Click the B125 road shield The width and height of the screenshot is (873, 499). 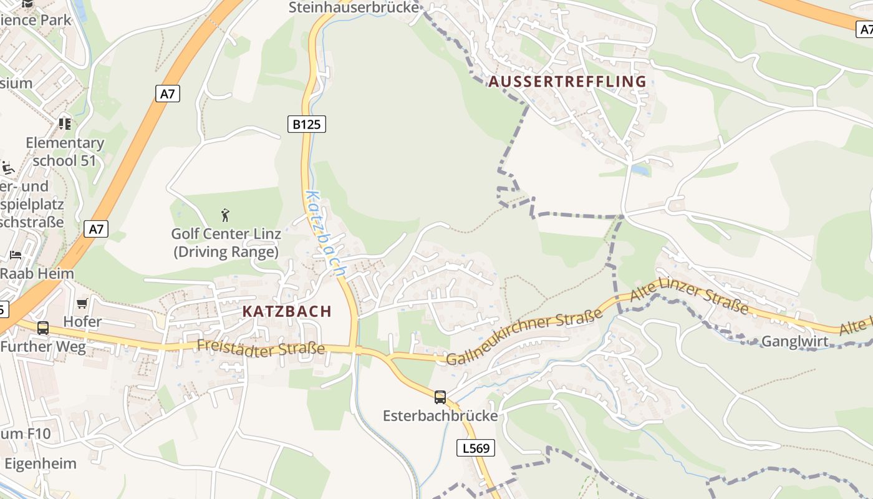pyautogui.click(x=307, y=124)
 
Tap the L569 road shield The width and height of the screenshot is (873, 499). pyautogui.click(x=476, y=447)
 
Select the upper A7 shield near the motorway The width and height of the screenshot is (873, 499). pyautogui.click(x=167, y=94)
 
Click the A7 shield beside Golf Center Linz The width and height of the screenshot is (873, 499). pyautogui.click(x=96, y=229)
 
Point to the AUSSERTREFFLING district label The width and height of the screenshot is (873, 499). pyautogui.click(x=567, y=82)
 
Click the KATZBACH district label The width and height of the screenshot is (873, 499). pyautogui.click(x=287, y=311)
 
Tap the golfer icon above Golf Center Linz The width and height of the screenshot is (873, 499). pyautogui.click(x=226, y=216)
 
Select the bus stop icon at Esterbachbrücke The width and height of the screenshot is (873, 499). pyautogui.click(x=440, y=397)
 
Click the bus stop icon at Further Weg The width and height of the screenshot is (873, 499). pyautogui.click(x=43, y=327)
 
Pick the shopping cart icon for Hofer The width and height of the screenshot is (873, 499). pyautogui.click(x=82, y=304)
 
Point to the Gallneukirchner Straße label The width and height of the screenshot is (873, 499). pyautogui.click(x=524, y=337)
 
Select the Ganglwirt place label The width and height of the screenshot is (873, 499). pyautogui.click(x=795, y=341)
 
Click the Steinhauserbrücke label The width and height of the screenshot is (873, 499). pyautogui.click(x=353, y=7)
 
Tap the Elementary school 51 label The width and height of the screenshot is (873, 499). pyautogui.click(x=65, y=152)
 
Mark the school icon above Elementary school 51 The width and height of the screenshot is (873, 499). pyautogui.click(x=65, y=124)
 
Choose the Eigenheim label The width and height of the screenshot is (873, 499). pyautogui.click(x=41, y=463)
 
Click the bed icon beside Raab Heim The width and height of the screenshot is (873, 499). pyautogui.click(x=16, y=255)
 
